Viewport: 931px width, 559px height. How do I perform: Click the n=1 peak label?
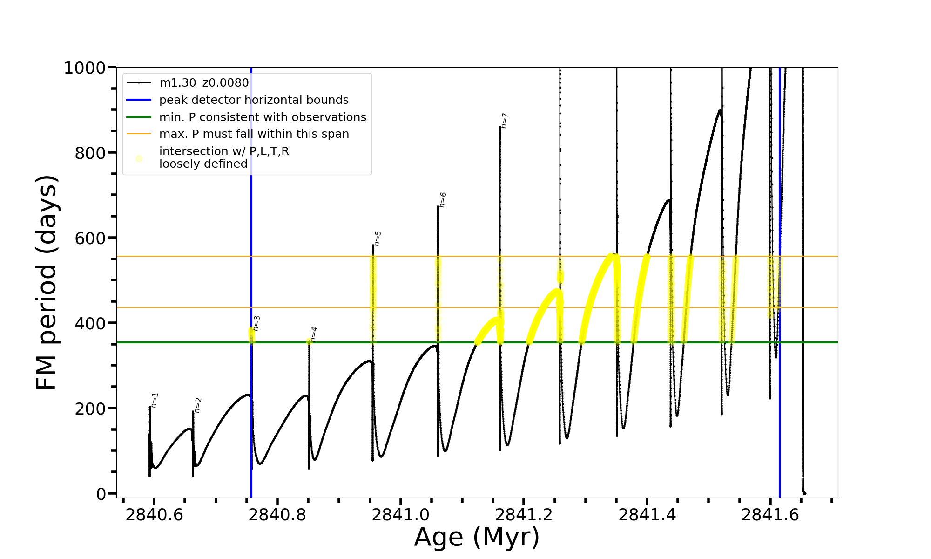click(155, 400)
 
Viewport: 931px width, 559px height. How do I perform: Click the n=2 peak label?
click(198, 405)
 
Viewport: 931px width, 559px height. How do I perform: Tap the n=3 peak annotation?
click(256, 323)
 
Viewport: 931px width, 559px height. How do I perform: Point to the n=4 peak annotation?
click(314, 334)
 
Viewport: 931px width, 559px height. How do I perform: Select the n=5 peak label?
click(378, 238)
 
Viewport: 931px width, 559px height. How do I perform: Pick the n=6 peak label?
click(443, 199)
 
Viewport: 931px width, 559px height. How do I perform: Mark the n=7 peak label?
click(505, 120)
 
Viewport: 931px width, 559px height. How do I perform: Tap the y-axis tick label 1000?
click(85, 68)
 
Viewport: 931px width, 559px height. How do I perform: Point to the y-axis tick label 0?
click(101, 494)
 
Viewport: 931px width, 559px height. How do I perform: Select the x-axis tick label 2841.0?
click(400, 515)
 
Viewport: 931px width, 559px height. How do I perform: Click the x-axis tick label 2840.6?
click(154, 515)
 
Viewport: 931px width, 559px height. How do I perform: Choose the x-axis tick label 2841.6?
click(770, 515)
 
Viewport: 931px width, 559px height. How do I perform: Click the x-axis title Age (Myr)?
click(477, 537)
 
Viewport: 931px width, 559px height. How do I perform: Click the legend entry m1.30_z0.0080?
click(204, 83)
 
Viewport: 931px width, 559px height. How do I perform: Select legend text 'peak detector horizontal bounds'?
click(254, 100)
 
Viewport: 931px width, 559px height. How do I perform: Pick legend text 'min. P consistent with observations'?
click(263, 117)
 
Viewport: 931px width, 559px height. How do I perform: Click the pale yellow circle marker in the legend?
click(139, 158)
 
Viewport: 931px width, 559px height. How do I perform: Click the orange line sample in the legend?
click(139, 134)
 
